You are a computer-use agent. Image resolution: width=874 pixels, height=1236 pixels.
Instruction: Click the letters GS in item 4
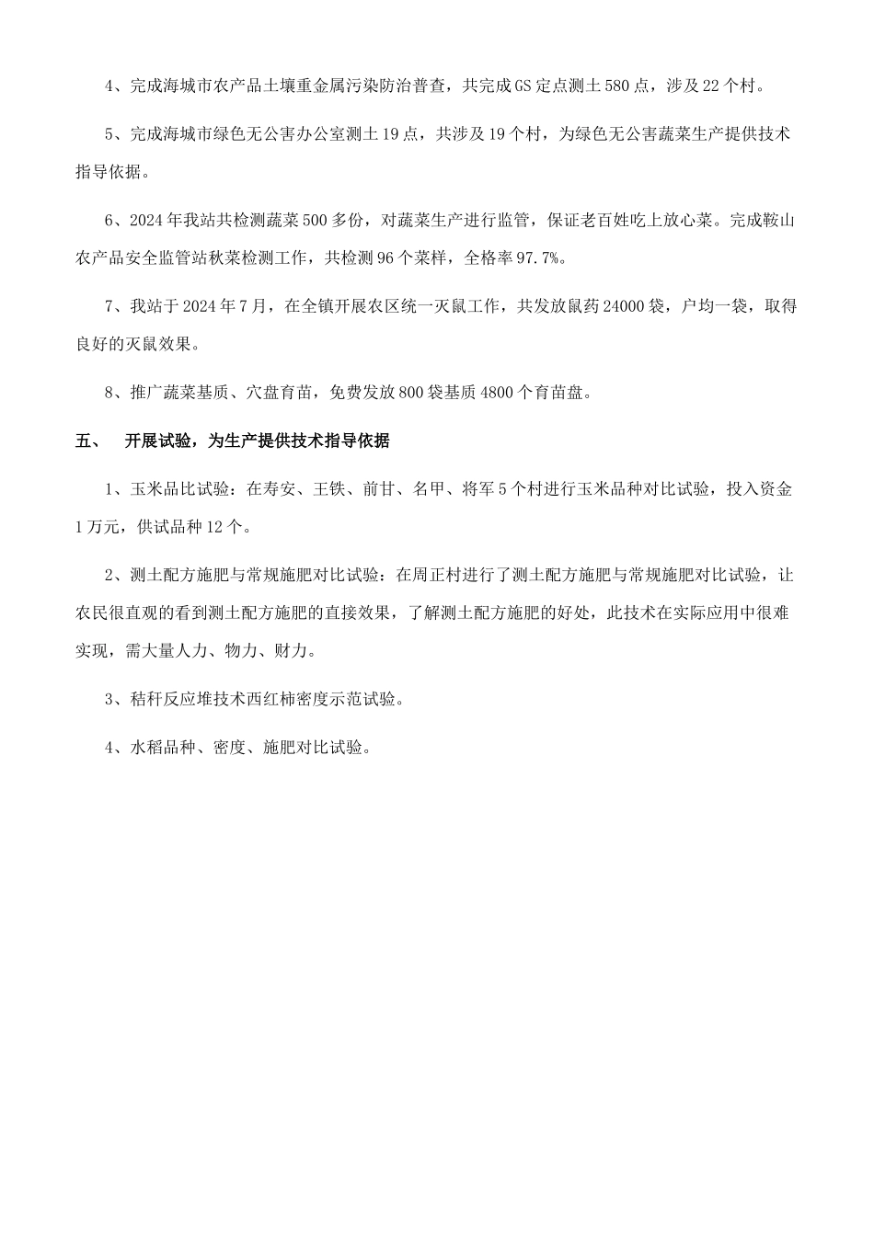[523, 86]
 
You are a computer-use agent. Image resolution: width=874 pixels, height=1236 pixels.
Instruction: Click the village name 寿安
[280, 489]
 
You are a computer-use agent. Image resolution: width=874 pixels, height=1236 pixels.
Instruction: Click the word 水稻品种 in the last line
[164, 748]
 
